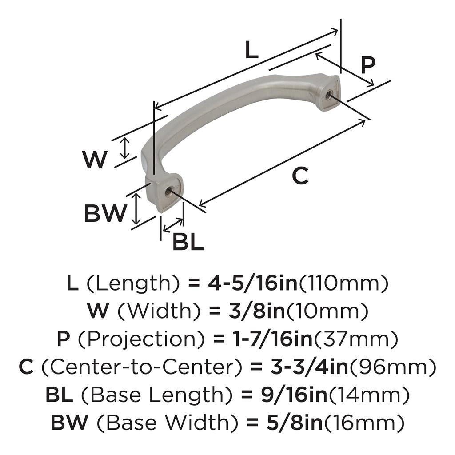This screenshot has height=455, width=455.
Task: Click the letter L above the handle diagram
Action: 251,51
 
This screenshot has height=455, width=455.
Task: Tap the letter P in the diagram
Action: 367,65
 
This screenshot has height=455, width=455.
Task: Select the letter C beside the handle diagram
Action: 300,176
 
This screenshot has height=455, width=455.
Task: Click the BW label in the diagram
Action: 105,214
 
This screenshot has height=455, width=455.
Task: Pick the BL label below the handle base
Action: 188,243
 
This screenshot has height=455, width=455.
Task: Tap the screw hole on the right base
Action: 329,94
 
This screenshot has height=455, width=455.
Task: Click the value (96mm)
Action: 390,367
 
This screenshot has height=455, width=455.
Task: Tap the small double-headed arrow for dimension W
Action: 126,148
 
